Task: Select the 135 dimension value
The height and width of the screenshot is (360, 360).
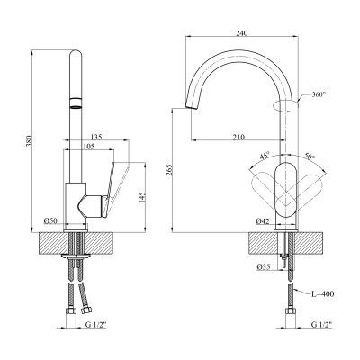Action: point(96,138)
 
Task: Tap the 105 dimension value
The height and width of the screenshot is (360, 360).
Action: point(88,147)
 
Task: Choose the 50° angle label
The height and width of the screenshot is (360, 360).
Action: point(309,155)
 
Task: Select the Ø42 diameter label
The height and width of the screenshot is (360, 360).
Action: point(261,220)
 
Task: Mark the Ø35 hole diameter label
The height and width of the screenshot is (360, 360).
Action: point(262,267)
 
